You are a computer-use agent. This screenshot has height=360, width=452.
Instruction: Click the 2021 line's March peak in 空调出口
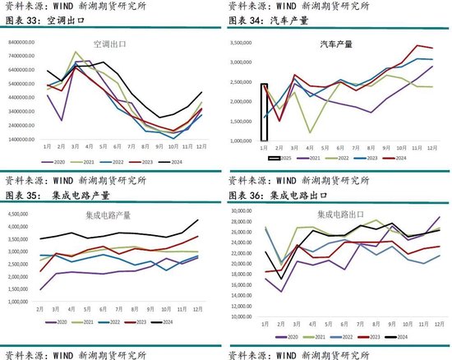point(76,52)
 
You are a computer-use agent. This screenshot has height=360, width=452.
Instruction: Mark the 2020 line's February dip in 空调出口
point(62,121)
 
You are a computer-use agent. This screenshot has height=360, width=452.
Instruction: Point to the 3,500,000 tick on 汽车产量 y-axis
point(243,41)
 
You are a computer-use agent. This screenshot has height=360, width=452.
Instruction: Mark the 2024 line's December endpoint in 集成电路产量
point(198,219)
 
